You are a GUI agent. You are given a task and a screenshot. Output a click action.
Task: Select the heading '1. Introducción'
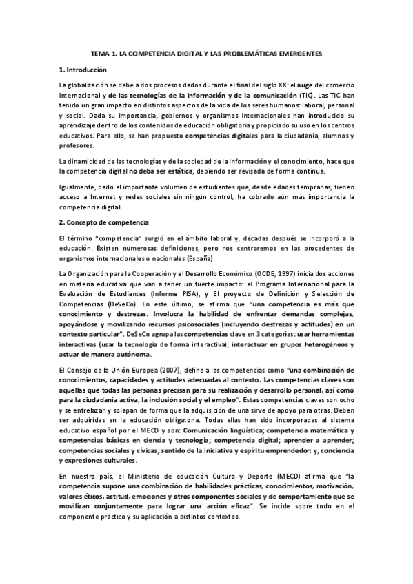pyautogui.click(x=83, y=70)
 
